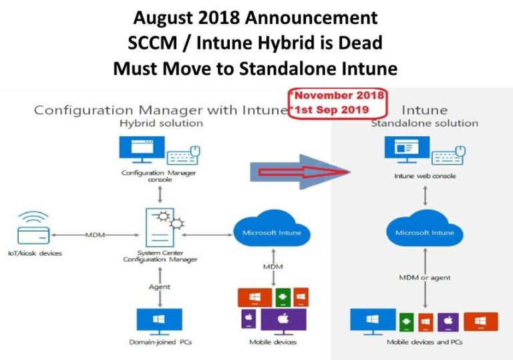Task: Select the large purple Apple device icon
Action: pyautogui.click(x=283, y=320)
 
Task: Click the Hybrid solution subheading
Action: pyautogui.click(x=161, y=124)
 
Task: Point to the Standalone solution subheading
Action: pyautogui.click(x=424, y=124)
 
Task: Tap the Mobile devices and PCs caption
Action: pyautogui.click(x=424, y=342)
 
